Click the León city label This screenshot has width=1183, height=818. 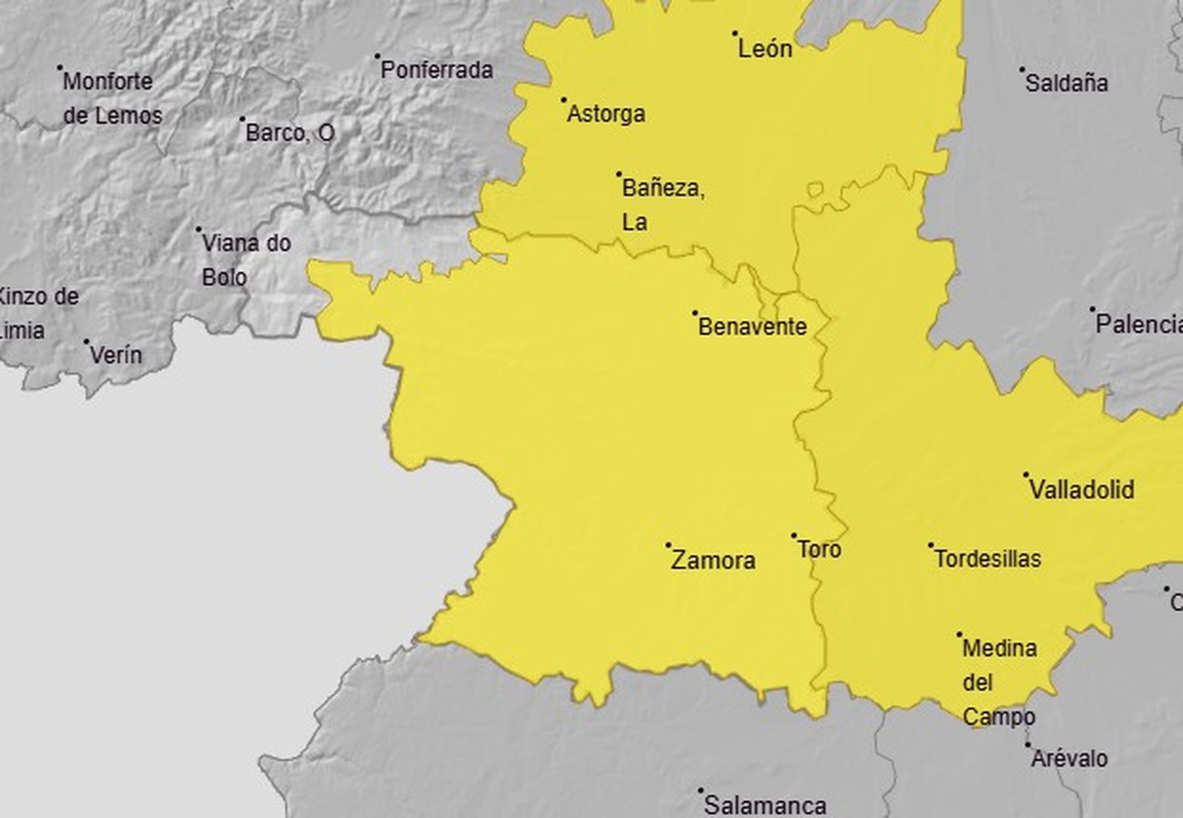coord(765,49)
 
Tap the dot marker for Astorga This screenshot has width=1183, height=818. coord(564,100)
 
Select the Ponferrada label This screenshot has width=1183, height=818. coord(436,70)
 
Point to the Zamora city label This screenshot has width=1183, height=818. coord(713,561)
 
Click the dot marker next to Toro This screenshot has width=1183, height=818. coord(794,535)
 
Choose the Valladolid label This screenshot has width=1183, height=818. coord(1082,490)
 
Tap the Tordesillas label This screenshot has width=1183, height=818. coord(988,558)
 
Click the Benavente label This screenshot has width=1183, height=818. coord(752,326)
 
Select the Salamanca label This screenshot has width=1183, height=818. coord(765,805)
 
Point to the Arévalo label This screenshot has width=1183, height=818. coord(1069,759)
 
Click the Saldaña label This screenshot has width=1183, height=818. coord(1066,83)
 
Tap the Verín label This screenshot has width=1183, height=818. coord(115,355)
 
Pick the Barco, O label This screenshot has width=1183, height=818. coord(290,133)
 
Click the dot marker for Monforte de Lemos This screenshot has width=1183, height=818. coord(60,67)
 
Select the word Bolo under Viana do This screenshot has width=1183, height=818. coord(224,277)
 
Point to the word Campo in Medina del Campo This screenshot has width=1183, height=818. coord(998,717)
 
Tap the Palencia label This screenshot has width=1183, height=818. coord(1139,324)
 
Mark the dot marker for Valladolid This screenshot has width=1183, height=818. coord(1026,475)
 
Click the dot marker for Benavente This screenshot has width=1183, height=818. coord(695,313)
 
